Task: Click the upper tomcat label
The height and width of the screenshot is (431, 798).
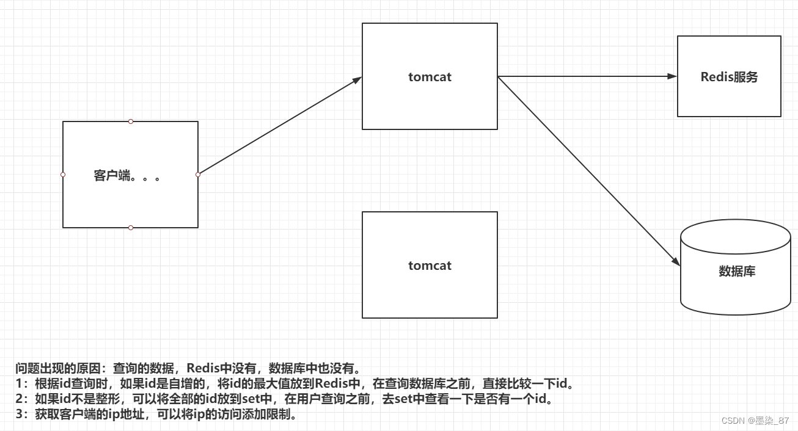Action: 430,77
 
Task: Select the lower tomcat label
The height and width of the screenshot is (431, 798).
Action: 430,266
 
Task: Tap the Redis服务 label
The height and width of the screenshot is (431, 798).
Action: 729,77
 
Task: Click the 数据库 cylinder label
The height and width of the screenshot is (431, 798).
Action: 737,271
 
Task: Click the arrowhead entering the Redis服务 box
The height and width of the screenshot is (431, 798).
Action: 673,76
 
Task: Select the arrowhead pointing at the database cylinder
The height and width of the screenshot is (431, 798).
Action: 676,261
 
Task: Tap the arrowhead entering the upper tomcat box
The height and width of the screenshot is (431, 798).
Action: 357,79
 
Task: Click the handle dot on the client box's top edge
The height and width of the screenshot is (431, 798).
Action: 131,121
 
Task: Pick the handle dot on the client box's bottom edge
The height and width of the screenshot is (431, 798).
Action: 131,228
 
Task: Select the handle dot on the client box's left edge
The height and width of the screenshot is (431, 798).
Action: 63,175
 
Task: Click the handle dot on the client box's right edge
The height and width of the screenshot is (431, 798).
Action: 198,175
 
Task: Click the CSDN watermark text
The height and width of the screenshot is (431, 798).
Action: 755,421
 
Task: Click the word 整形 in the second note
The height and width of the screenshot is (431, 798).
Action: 100,400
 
